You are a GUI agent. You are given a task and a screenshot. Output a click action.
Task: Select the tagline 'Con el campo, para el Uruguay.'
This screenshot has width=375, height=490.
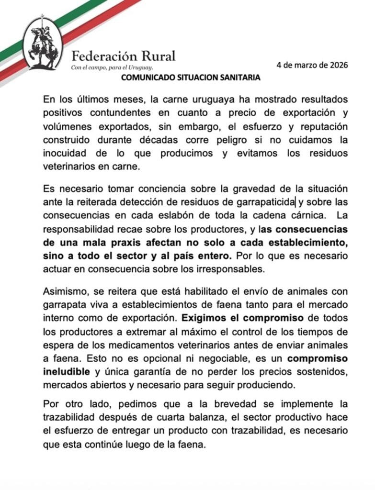112,68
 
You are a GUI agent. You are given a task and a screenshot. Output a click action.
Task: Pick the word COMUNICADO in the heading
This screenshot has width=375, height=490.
148,78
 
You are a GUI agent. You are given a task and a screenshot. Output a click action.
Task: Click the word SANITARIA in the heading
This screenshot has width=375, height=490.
237,78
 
